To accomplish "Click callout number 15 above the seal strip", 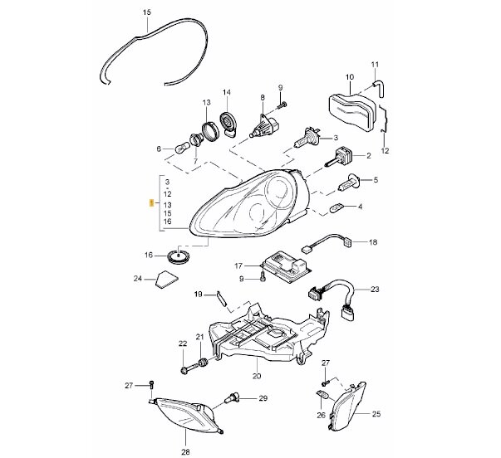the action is tap(147, 12).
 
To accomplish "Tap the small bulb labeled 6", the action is tap(181, 149).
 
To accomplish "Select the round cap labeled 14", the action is tap(228, 124).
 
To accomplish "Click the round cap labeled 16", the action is tap(179, 256).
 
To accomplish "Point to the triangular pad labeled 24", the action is tap(167, 280).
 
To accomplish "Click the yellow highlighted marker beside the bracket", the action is tap(152, 203).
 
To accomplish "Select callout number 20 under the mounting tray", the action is tap(257, 376).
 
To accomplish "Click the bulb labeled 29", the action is tap(230, 398).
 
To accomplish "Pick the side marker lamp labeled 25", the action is tap(347, 406).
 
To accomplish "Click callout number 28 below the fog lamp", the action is tap(185, 452).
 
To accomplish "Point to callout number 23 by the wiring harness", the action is tap(375, 290).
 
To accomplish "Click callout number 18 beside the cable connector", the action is tap(373, 242).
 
